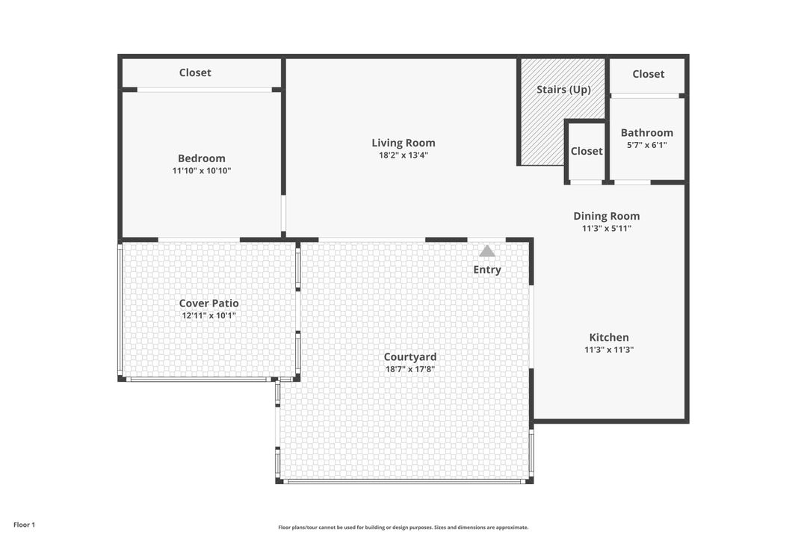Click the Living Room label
click(403, 143)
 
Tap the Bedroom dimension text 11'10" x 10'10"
click(202, 170)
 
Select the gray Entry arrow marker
click(487, 251)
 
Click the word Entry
click(487, 270)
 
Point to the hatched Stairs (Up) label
click(563, 90)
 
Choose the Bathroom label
click(647, 132)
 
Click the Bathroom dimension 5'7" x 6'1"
click(647, 145)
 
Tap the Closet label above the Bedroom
click(195, 72)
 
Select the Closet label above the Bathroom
click(649, 74)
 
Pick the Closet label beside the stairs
click(587, 151)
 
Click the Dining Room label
click(607, 216)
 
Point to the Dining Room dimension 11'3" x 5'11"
click(607, 229)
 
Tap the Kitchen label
click(609, 337)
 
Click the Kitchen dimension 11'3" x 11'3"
click(609, 350)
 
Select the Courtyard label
click(410, 357)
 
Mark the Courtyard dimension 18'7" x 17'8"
click(410, 369)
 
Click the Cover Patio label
click(209, 303)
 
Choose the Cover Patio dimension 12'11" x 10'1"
click(209, 315)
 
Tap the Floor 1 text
click(24, 525)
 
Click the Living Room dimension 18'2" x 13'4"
click(403, 155)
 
